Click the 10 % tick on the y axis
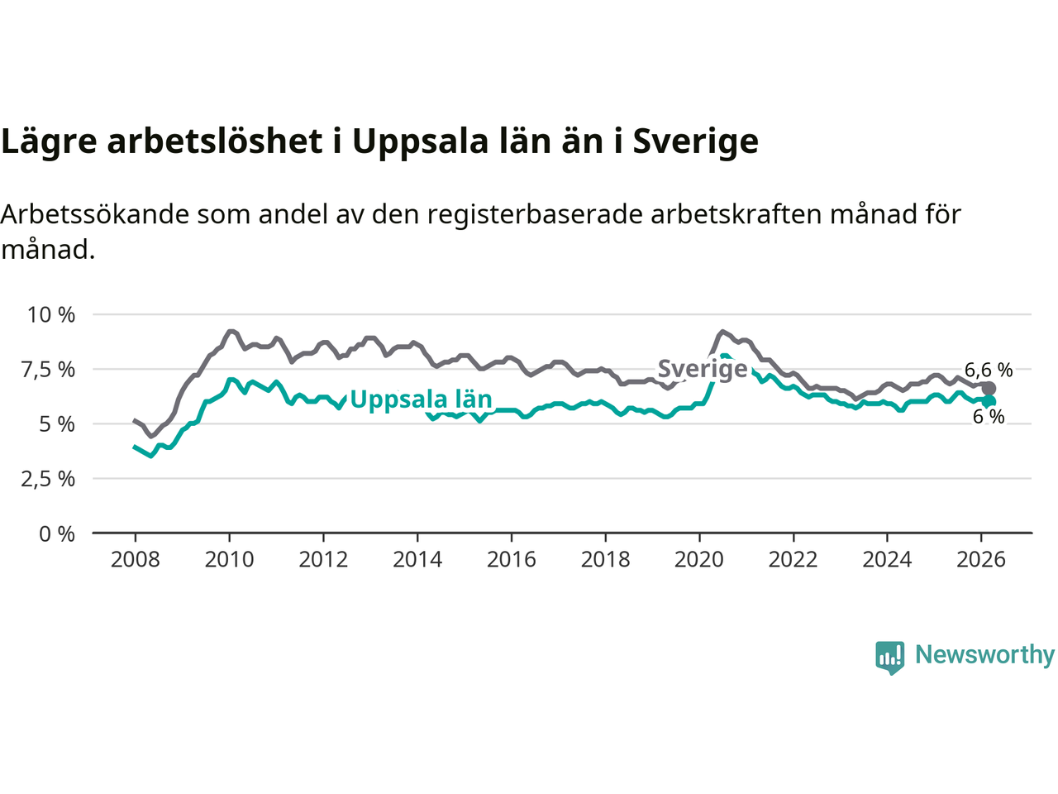tap(50, 315)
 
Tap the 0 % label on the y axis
tap(57, 534)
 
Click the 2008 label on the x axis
tap(135, 560)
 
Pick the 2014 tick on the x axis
tap(417, 560)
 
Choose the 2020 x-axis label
tap(699, 560)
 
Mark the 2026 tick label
tap(981, 560)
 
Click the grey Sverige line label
tap(702, 369)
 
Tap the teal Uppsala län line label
tap(421, 399)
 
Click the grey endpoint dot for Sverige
tap(989, 389)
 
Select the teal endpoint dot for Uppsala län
tap(989, 401)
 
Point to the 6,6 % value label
tap(989, 370)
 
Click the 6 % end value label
tap(989, 418)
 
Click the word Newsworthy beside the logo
tap(984, 655)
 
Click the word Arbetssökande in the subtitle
tap(95, 214)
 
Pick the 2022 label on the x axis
tap(793, 560)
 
